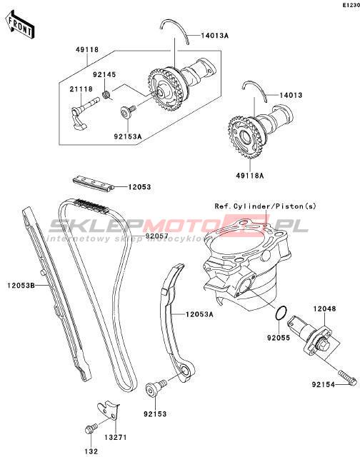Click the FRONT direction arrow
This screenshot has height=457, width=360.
pyautogui.click(x=20, y=25)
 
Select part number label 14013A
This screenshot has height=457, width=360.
pyautogui.click(x=214, y=36)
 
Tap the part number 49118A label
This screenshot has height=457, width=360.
pyautogui.click(x=250, y=176)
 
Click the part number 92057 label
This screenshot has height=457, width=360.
pyautogui.click(x=157, y=236)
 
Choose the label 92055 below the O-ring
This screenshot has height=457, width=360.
pyautogui.click(x=279, y=338)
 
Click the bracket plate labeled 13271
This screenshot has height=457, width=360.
pyautogui.click(x=109, y=411)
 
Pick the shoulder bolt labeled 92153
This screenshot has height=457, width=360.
pyautogui.click(x=156, y=387)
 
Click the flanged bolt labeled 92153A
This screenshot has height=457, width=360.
pyautogui.click(x=129, y=112)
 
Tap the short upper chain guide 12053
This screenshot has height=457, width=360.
pyautogui.click(x=93, y=184)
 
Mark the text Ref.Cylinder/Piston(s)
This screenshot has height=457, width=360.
pyautogui.click(x=265, y=206)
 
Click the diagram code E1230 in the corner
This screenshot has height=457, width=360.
pyautogui.click(x=351, y=5)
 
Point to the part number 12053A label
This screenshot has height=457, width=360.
pyautogui.click(x=200, y=314)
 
